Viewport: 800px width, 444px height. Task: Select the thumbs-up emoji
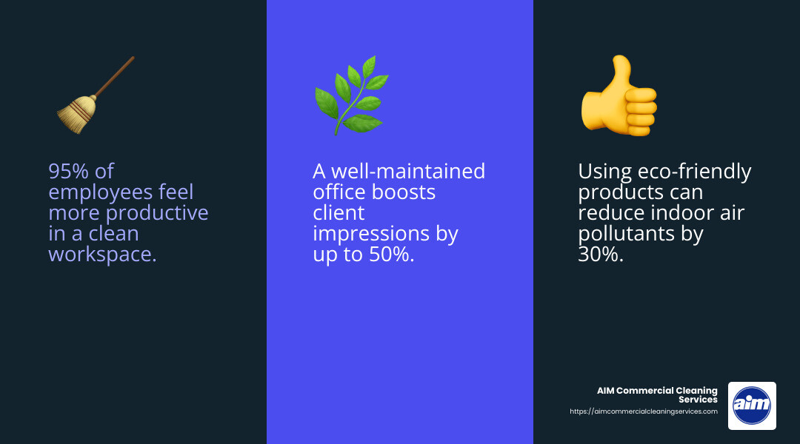tap(619, 95)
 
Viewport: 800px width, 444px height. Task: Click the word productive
tap(158, 213)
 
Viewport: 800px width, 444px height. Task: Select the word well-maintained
tap(407, 172)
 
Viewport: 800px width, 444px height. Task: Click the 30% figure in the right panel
tap(600, 255)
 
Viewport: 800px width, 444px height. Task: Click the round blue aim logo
tap(752, 406)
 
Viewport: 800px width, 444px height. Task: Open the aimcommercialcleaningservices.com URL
tap(643, 411)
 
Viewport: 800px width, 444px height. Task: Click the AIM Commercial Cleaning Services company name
tap(658, 395)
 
